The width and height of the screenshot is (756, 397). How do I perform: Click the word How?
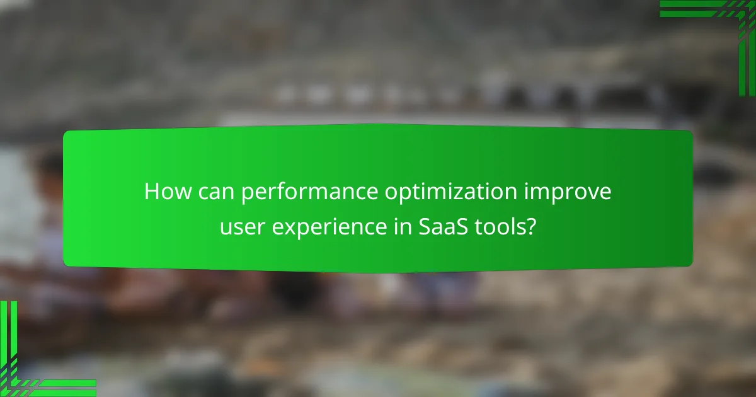(164, 192)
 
